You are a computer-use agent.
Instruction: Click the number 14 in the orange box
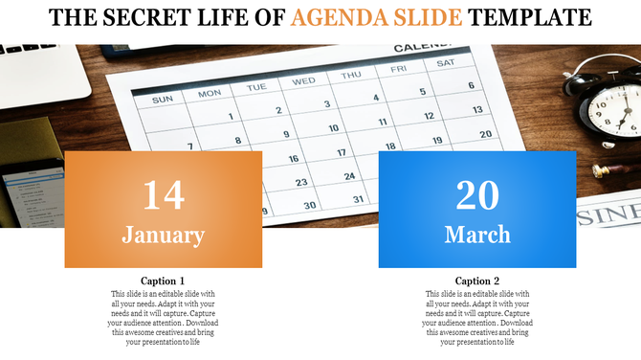(x=163, y=194)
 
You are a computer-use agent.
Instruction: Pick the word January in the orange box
(x=163, y=235)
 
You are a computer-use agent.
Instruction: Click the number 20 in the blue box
(x=476, y=194)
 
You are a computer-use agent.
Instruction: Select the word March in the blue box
(x=476, y=235)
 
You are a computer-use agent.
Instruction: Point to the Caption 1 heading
(x=163, y=281)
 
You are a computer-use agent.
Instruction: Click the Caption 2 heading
(x=476, y=281)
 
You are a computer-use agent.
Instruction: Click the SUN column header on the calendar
(x=163, y=99)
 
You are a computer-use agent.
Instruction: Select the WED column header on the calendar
(x=303, y=81)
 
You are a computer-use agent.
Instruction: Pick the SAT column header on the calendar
(x=446, y=63)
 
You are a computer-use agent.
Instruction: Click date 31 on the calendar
(x=359, y=199)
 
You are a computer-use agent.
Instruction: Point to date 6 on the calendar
(x=471, y=85)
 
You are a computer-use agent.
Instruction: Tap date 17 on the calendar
(x=342, y=152)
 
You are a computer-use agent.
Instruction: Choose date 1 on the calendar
(x=232, y=117)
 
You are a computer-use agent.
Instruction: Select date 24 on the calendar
(x=349, y=176)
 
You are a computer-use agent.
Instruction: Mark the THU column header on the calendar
(x=351, y=75)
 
